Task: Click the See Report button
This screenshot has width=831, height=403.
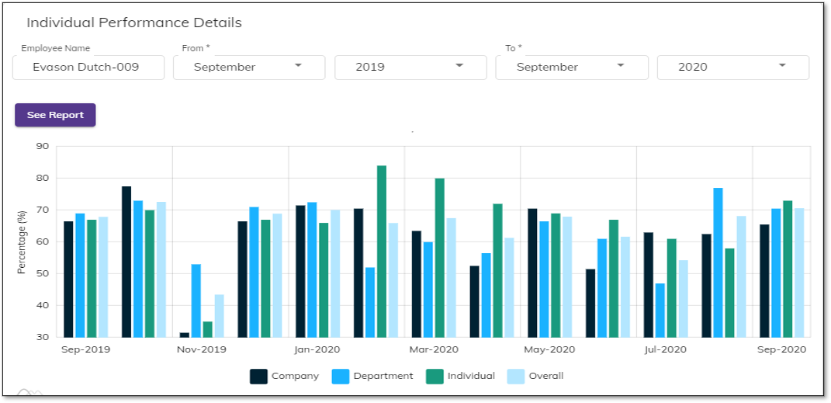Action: click(x=55, y=115)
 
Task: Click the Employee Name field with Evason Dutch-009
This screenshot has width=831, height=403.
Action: click(x=88, y=68)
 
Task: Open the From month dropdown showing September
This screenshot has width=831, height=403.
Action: click(x=248, y=68)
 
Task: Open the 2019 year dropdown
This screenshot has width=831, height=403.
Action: click(x=410, y=68)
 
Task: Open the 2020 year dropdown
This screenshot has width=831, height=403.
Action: click(x=732, y=68)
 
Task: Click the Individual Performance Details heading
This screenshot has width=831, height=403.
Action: click(x=134, y=23)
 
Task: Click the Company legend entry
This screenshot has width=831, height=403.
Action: click(x=284, y=377)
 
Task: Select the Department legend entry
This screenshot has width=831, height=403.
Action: click(x=372, y=377)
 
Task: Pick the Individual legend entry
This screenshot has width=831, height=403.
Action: click(x=460, y=377)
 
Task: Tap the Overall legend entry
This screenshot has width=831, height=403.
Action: click(x=535, y=377)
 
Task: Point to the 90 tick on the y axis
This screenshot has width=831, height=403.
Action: click(x=42, y=147)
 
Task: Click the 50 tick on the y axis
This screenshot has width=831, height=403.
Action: click(x=42, y=274)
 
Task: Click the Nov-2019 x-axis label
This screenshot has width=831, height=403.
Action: click(x=201, y=349)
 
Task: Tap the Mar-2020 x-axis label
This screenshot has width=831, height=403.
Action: click(x=434, y=349)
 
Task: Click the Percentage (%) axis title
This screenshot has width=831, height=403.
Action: click(x=23, y=241)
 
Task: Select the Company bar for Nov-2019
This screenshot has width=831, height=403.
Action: click(x=185, y=335)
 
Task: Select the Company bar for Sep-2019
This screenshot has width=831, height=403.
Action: click(x=68, y=280)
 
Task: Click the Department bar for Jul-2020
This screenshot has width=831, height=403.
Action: click(x=660, y=310)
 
